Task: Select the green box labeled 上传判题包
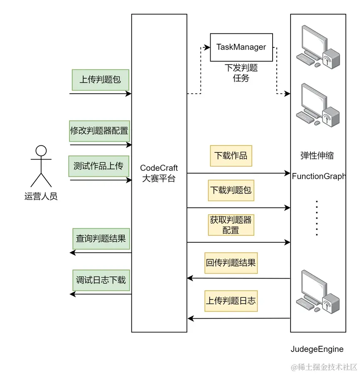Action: (x=100, y=80)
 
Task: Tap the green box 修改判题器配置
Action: (x=99, y=131)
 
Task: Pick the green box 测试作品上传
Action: (x=99, y=166)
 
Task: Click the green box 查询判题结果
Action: (x=101, y=239)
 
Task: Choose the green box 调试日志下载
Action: (x=101, y=280)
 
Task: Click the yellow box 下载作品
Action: (x=231, y=156)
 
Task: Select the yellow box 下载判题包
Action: (x=231, y=190)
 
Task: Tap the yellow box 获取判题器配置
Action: (x=231, y=225)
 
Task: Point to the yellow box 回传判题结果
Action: (x=231, y=263)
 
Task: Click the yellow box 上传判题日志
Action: (x=231, y=301)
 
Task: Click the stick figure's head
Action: (x=41, y=150)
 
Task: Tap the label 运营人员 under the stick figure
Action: (x=41, y=197)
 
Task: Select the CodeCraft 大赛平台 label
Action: (x=159, y=173)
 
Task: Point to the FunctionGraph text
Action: (x=319, y=176)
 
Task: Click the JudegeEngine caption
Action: (x=317, y=349)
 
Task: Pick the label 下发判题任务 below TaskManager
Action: (x=241, y=72)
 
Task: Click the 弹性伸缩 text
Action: (x=317, y=156)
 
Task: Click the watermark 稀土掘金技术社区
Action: (x=324, y=367)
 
